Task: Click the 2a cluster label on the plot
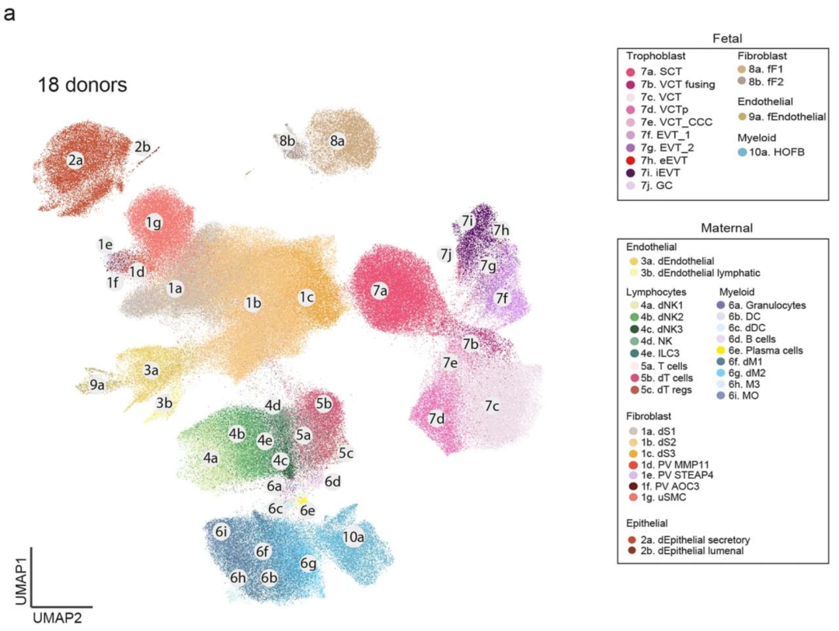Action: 75,161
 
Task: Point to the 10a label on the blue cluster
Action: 354,537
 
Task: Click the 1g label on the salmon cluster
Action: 153,224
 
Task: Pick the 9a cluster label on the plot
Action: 97,384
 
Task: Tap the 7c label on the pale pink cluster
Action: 492,406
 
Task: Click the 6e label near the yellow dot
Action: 308,511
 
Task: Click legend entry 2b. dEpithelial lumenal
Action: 696,551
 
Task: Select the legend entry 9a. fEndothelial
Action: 782,117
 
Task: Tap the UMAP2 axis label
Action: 58,617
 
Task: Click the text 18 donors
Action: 82,85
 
